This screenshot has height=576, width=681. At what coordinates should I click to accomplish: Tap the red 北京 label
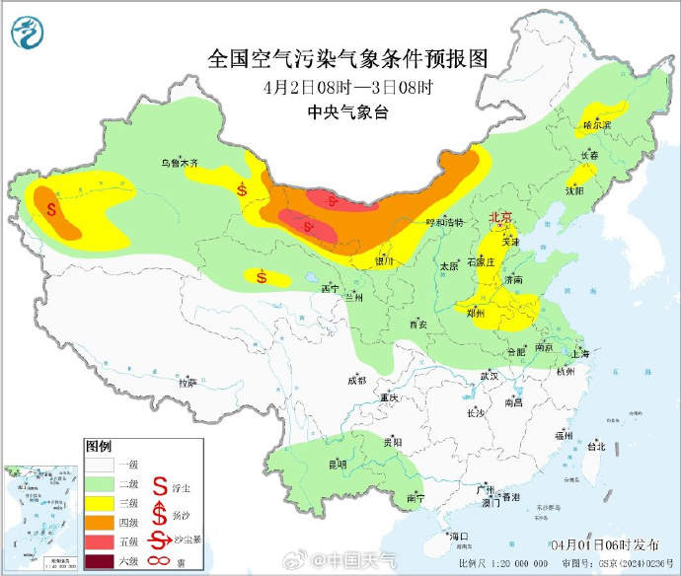pyautogui.click(x=500, y=217)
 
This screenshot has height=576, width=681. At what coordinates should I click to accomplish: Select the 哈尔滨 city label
pyautogui.click(x=597, y=125)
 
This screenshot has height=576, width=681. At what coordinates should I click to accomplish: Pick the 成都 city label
pyautogui.click(x=356, y=380)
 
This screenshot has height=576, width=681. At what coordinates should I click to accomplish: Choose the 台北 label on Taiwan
pyautogui.click(x=595, y=446)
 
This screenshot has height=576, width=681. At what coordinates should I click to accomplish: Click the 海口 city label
pyautogui.click(x=457, y=536)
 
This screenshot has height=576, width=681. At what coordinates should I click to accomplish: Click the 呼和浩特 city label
pyautogui.click(x=443, y=223)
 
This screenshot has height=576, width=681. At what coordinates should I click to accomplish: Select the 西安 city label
pyautogui.click(x=416, y=324)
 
